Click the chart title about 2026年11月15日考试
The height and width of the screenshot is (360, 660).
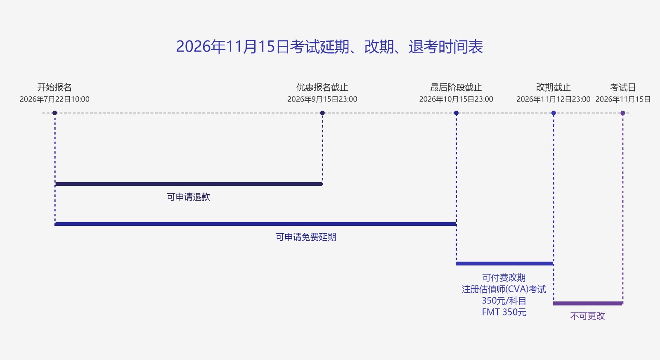(x=329, y=47)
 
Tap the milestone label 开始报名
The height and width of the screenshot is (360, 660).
(x=54, y=87)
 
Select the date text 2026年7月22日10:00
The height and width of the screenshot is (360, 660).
(x=54, y=99)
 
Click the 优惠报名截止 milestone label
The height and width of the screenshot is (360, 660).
(x=322, y=87)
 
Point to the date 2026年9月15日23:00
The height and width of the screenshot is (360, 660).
(x=322, y=99)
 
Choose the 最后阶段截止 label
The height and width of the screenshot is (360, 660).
(x=456, y=87)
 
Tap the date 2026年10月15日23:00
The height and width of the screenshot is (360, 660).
(x=456, y=99)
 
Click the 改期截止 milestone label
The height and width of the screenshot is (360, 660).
(x=554, y=87)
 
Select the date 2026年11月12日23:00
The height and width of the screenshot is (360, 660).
(x=554, y=99)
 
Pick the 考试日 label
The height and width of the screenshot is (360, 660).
(x=622, y=87)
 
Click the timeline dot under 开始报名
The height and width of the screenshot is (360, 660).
(x=54, y=113)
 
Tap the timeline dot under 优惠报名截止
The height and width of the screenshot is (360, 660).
(x=322, y=113)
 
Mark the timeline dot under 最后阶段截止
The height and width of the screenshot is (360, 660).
(x=456, y=113)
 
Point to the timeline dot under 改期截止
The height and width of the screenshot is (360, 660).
(x=554, y=113)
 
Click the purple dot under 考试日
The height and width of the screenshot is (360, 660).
(x=622, y=113)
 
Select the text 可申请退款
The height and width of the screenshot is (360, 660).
(x=188, y=197)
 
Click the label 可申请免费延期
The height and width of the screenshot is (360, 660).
(x=306, y=237)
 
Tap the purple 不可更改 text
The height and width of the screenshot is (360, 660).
(x=587, y=316)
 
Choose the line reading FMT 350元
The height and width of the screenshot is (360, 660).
(x=504, y=312)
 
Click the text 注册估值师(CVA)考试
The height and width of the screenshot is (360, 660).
(x=504, y=289)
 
